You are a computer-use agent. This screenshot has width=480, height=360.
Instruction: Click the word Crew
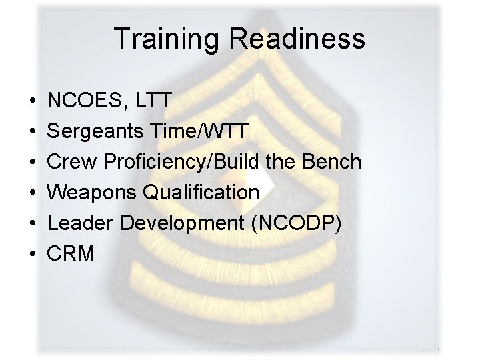click(70, 162)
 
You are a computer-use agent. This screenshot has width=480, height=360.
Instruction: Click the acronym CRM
click(71, 253)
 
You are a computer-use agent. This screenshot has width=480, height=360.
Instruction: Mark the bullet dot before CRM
click(33, 253)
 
